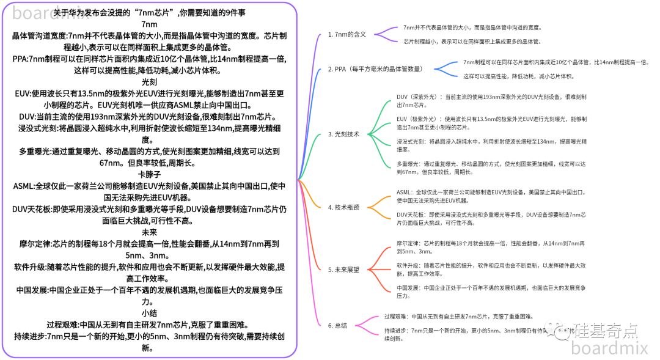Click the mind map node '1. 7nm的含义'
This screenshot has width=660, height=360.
pos(346,35)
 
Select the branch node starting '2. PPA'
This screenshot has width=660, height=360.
pos(375,69)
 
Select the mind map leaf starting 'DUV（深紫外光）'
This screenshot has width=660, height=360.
pos(491,101)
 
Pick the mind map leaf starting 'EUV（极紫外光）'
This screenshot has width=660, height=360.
pos(491,123)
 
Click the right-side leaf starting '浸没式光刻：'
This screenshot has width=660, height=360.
pos(491,145)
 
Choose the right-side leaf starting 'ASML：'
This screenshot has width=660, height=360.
pos(491,196)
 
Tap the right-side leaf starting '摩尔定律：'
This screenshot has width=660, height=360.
pos(491,247)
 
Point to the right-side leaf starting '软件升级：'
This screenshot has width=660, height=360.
pos(491,270)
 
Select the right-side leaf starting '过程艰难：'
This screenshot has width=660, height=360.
pos(459,317)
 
